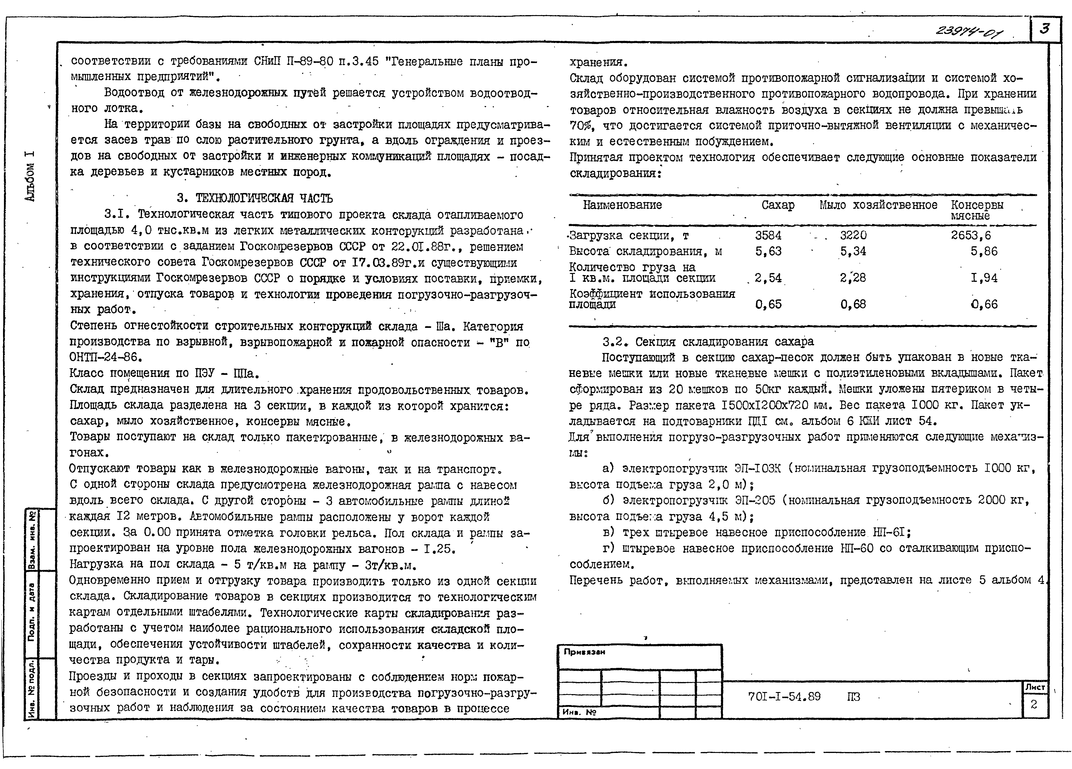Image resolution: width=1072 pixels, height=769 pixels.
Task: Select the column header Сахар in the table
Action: [778, 205]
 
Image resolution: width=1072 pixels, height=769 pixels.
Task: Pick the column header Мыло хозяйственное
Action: [878, 205]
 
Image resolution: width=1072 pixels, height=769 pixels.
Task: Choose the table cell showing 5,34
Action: [853, 251]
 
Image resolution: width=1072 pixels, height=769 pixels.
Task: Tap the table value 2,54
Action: [768, 278]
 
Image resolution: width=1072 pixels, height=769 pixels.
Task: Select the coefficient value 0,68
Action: [853, 304]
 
